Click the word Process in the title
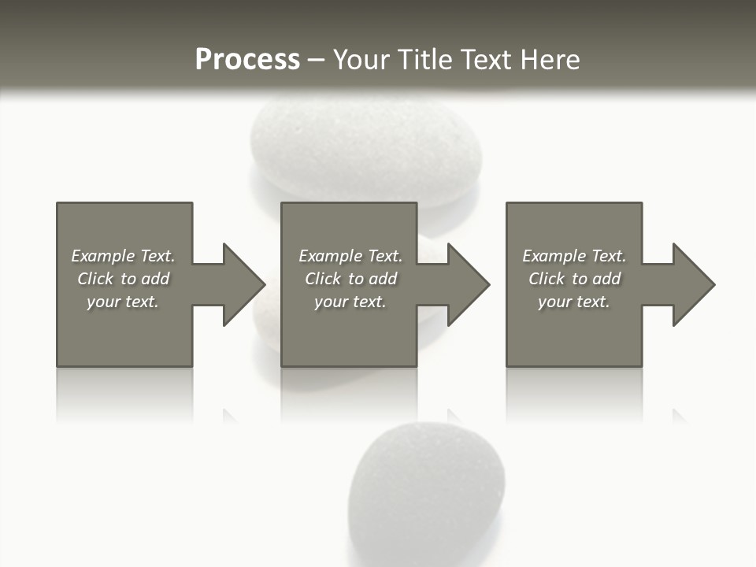point(247,60)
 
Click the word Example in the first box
point(102,256)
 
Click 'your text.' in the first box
point(123,302)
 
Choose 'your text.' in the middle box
point(350,302)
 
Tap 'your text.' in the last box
point(573,302)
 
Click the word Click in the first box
point(95,279)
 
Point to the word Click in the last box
point(547,279)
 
